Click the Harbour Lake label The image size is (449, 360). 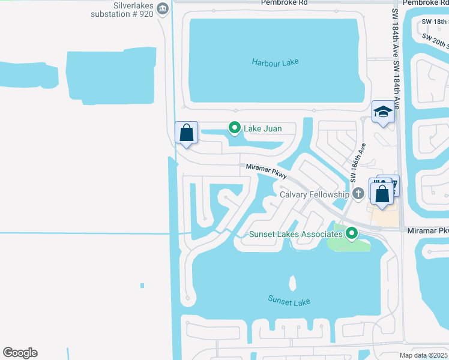click(275, 62)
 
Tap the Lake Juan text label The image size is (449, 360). click(262, 128)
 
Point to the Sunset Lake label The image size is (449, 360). click(289, 301)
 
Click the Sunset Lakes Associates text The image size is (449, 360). click(295, 234)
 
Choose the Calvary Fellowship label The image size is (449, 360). click(315, 194)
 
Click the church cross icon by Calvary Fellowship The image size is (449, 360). click(358, 194)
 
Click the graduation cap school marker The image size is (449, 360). click(382, 112)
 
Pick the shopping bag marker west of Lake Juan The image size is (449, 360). click(187, 133)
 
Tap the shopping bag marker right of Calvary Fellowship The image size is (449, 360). click(382, 193)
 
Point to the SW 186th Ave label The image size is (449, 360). click(357, 163)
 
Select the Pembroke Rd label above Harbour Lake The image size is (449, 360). click(284, 2)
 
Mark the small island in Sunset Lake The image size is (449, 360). click(292, 283)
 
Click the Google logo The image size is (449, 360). click(20, 353)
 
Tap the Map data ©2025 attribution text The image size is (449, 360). click(423, 355)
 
